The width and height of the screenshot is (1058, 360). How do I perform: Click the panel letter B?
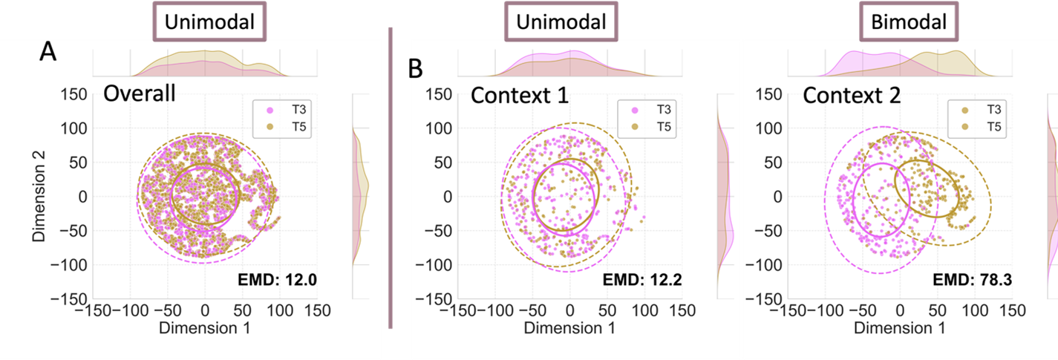(415, 68)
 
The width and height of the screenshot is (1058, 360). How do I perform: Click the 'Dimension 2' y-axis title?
(39, 197)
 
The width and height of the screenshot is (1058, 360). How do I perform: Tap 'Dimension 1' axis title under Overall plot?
(206, 327)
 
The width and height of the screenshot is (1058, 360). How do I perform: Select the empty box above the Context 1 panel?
(561, 21)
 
